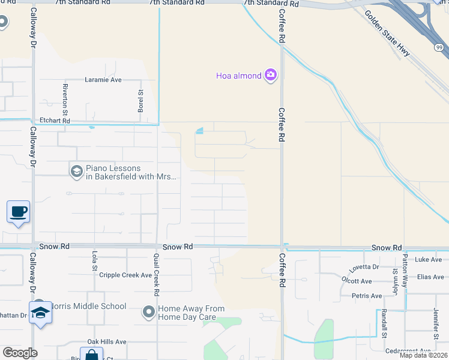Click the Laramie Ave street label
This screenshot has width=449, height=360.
[103, 79]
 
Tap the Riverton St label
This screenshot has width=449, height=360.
[65, 96]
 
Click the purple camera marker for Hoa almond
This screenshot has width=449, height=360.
[271, 75]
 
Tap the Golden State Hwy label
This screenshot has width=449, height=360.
[388, 35]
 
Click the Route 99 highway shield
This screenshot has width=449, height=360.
[439, 46]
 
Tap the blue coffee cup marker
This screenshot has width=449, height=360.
[18, 212]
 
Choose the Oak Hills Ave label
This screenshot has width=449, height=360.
[107, 341]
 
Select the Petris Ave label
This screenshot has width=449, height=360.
[367, 296]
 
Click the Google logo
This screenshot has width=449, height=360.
[20, 353]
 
